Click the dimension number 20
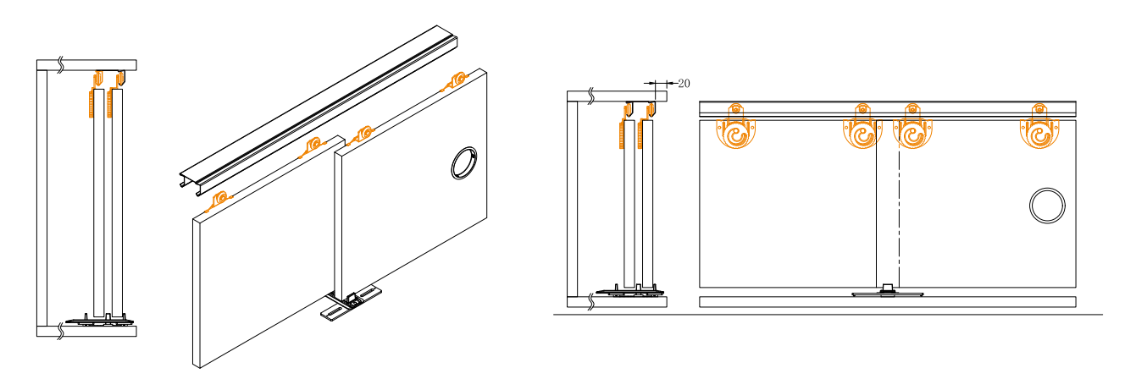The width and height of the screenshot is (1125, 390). [684, 83]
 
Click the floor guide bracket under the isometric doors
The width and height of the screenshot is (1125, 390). [351, 303]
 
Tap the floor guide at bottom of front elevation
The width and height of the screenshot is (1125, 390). [888, 292]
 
